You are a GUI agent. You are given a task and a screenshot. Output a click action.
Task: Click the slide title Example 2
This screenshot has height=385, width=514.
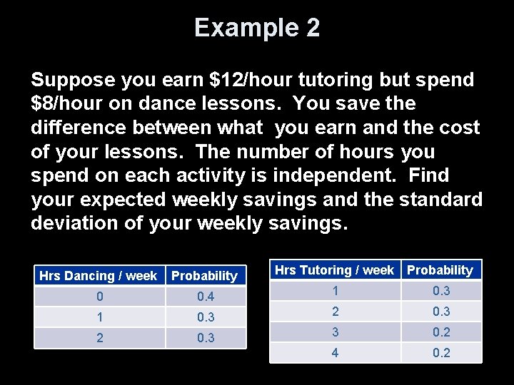[x=257, y=29]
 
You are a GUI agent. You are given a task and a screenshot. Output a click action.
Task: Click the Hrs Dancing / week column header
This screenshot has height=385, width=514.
[x=99, y=276]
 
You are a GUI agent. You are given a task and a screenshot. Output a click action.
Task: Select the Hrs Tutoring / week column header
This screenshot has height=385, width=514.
[x=334, y=270]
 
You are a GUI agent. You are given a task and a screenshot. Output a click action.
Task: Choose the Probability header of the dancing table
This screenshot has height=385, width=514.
[x=205, y=276]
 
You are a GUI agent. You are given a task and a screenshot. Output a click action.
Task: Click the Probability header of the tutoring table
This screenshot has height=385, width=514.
[x=440, y=270]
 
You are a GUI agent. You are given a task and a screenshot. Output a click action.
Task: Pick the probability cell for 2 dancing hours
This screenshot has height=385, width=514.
[x=206, y=338]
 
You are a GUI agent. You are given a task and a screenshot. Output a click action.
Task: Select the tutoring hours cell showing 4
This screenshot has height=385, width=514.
[x=335, y=353]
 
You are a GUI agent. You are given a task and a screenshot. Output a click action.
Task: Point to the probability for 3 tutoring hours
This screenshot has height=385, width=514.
[x=441, y=332]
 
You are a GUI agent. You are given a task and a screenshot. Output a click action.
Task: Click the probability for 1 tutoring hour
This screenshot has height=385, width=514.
[x=441, y=291]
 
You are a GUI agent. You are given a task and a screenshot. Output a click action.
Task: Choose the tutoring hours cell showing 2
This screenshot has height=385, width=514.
[x=335, y=312]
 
